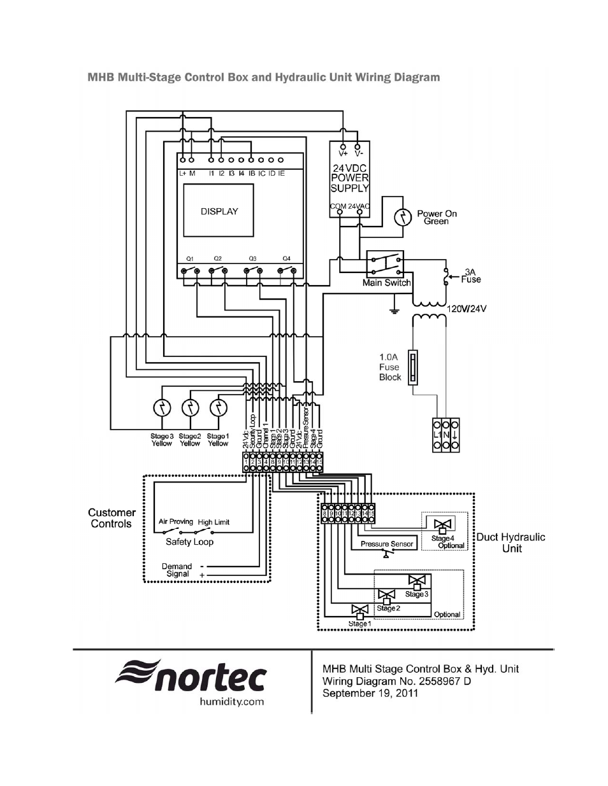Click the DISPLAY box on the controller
click(219, 211)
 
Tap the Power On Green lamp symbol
click(403, 218)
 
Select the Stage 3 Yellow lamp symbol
click(163, 408)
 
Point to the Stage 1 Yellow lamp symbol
click(219, 408)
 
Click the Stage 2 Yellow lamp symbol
click(191, 408)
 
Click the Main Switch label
click(386, 283)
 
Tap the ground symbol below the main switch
click(394, 312)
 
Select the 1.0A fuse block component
click(414, 367)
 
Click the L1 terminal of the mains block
click(437, 435)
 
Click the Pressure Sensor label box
click(387, 544)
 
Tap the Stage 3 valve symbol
click(417, 582)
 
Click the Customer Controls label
click(112, 518)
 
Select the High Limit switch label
click(214, 522)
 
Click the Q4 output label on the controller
click(286, 258)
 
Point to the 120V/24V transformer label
click(467, 309)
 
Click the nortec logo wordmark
click(191, 676)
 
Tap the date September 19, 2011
click(370, 693)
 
